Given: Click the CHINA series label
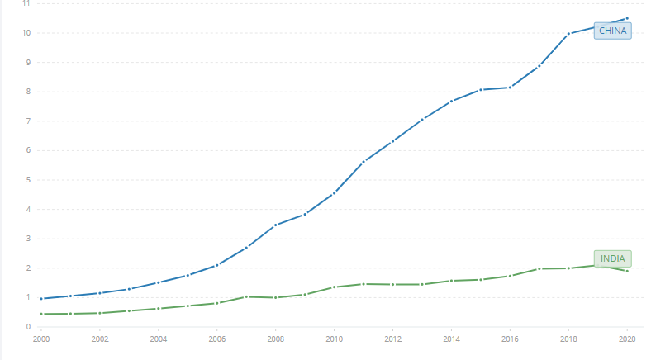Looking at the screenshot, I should point(614,31).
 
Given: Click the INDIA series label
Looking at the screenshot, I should point(612,258).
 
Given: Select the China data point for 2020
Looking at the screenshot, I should point(627,18).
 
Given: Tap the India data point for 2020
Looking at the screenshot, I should point(627,271).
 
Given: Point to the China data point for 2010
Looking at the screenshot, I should point(334,193).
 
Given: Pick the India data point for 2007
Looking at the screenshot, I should point(246,296).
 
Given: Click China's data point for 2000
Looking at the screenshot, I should point(41,299).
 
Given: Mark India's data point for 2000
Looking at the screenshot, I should point(41,314).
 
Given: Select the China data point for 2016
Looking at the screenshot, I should point(510,87).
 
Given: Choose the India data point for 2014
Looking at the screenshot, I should point(451,281).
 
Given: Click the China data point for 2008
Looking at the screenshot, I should point(275,225).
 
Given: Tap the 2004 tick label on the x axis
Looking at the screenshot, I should point(158,339).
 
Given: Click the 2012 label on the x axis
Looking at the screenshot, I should point(392,339).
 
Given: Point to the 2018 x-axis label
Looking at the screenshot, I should point(568,339).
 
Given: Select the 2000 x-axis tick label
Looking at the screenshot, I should point(41,339).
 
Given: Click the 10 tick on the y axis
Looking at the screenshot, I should point(26,33).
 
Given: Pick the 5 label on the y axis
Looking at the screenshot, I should point(28,180).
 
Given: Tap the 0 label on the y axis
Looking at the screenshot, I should point(28,327).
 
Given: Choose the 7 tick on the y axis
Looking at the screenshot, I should point(28,121).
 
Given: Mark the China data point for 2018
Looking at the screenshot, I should point(568,34).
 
